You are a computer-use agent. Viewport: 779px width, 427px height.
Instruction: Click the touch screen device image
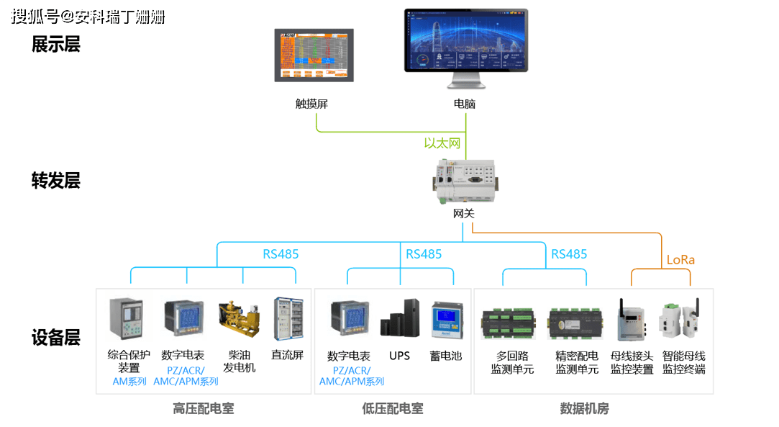(314, 55)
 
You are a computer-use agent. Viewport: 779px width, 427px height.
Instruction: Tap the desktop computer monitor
(465, 42)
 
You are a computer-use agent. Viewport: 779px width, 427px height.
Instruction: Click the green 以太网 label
(442, 143)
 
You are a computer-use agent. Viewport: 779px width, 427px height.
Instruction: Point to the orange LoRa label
(680, 259)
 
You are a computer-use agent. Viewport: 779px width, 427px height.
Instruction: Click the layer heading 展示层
(55, 45)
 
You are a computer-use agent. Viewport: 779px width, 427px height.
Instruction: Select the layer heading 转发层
(55, 180)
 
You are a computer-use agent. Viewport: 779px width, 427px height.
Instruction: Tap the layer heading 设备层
(55, 337)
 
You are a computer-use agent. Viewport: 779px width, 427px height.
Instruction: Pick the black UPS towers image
(399, 319)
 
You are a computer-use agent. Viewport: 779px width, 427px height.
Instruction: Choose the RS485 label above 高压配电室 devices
(281, 254)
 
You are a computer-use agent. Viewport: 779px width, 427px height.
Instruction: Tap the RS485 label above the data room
(569, 254)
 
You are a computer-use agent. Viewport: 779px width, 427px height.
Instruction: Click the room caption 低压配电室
(392, 409)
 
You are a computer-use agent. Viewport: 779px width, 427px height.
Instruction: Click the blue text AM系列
(129, 382)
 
